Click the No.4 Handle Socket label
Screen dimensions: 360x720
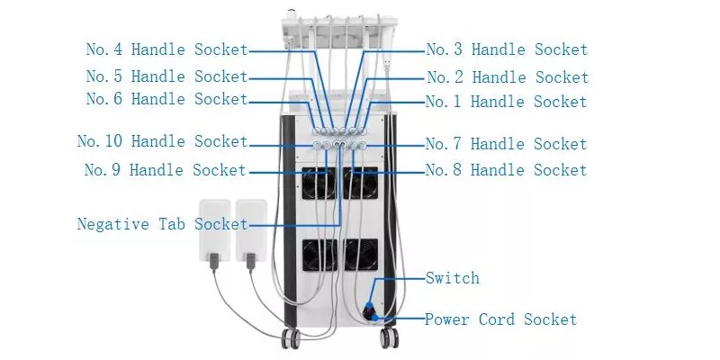[x=166, y=49]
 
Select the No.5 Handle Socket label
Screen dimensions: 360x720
[x=166, y=76]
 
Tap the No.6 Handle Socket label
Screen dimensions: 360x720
[x=166, y=99]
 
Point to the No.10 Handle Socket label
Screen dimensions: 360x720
[x=162, y=141]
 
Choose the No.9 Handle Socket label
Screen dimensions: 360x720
[x=166, y=169]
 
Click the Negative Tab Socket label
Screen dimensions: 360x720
[x=162, y=223]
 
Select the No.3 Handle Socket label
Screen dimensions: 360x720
[x=507, y=49]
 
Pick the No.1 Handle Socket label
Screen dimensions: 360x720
[x=507, y=102]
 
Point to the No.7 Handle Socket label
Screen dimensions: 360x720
[x=506, y=144]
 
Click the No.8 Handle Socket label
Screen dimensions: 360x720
[x=506, y=170]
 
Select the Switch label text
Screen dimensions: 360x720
[x=453, y=278]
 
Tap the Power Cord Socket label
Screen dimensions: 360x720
[x=500, y=319]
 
